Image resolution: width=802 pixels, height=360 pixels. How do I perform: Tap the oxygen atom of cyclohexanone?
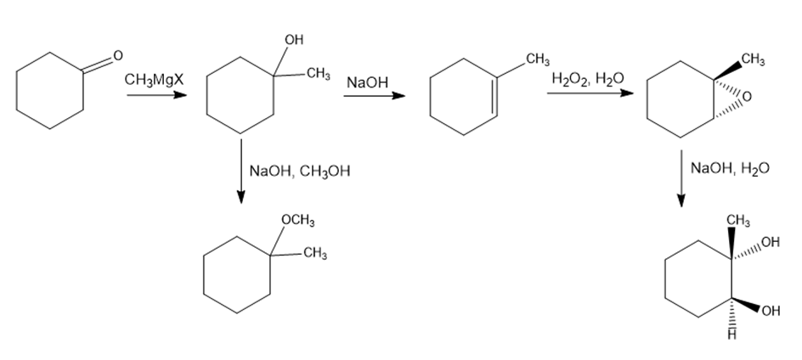pyautogui.click(x=117, y=55)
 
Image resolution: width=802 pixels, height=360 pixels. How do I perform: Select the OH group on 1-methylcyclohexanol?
pyautogui.click(x=294, y=39)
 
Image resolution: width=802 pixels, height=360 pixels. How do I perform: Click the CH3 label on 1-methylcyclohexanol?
pyautogui.click(x=318, y=74)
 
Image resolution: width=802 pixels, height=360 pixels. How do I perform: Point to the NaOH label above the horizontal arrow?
pyautogui.click(x=367, y=82)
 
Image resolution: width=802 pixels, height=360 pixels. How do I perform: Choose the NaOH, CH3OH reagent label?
pyautogui.click(x=300, y=171)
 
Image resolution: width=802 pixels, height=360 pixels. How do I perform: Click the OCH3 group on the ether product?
pyautogui.click(x=298, y=221)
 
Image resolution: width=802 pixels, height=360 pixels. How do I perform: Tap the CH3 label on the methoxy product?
pyautogui.click(x=315, y=253)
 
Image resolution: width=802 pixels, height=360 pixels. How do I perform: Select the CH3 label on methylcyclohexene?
pyautogui.click(x=538, y=59)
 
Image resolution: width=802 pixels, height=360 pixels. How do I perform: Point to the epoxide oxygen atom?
pyautogui.click(x=748, y=97)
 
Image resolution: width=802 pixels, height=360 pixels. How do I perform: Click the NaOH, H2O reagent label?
pyautogui.click(x=730, y=168)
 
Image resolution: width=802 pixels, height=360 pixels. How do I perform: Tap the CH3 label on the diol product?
pyautogui.click(x=738, y=221)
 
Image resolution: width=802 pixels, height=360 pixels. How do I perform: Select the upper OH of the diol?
pyautogui.click(x=771, y=242)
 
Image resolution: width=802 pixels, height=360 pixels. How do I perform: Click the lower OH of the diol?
pyautogui.click(x=771, y=311)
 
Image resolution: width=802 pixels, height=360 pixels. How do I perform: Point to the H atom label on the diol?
pyautogui.click(x=732, y=335)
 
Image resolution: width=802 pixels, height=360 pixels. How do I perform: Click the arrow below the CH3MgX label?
pyautogui.click(x=156, y=95)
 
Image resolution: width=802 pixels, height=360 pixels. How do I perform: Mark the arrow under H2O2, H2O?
pyautogui.click(x=590, y=93)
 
